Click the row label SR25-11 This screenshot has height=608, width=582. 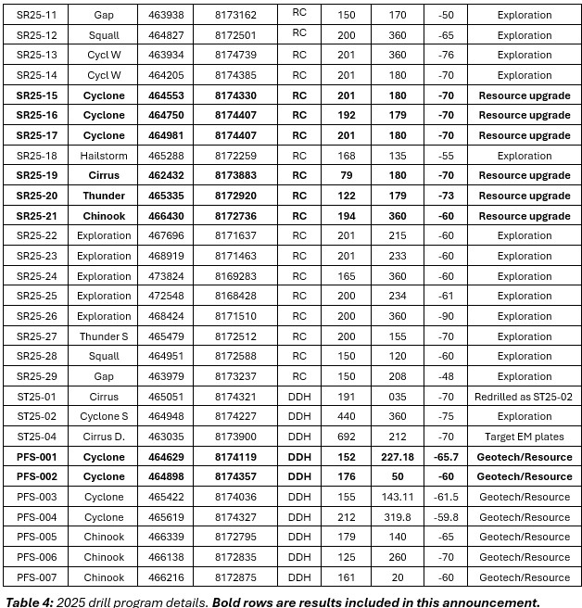point(36,15)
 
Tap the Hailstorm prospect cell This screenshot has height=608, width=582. point(104,156)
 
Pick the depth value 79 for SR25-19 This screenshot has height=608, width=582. point(346,176)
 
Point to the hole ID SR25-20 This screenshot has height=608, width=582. point(36,196)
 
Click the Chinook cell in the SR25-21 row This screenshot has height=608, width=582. point(104,216)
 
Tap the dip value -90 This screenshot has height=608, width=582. point(446,316)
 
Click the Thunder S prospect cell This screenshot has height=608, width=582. point(104,336)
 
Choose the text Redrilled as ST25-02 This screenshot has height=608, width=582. point(525,397)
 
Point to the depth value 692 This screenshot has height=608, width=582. point(346,437)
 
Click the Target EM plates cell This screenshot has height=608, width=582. point(525,437)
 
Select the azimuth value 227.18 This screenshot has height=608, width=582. point(398,457)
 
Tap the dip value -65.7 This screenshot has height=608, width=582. point(446,457)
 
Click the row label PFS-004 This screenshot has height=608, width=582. point(36,517)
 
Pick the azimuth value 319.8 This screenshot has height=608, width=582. point(398,517)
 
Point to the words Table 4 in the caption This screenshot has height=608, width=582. point(27,601)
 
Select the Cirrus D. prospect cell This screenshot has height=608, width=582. point(104,437)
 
